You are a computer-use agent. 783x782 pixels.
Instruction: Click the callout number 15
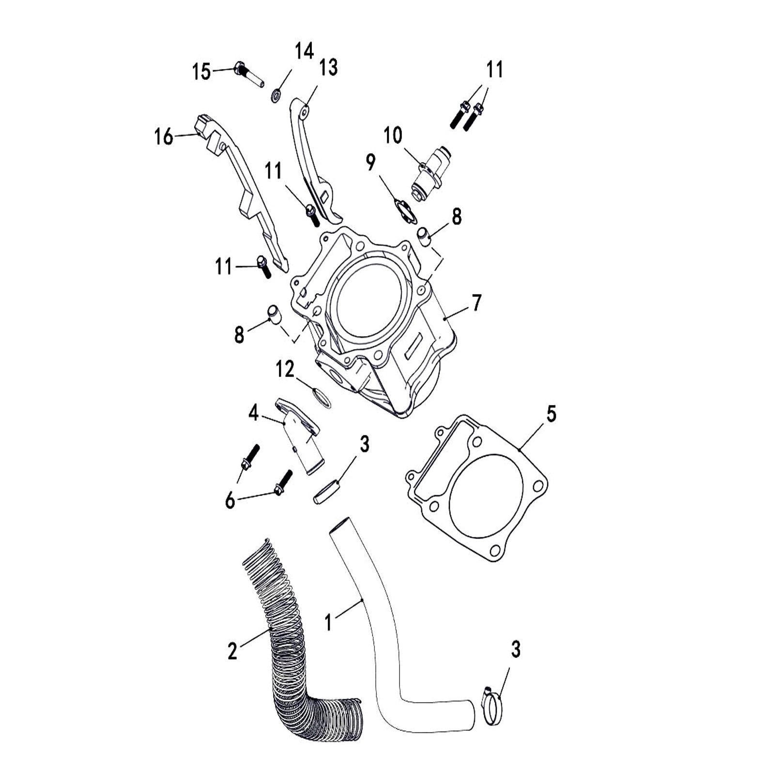[x=201, y=72]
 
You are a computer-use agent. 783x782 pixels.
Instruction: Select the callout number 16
[x=164, y=137]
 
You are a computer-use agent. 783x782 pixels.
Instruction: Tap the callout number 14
[x=305, y=51]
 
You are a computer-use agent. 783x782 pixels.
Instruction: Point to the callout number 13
[x=328, y=68]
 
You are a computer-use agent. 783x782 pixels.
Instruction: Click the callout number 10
[x=393, y=135]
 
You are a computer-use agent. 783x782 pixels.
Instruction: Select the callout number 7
[x=476, y=303]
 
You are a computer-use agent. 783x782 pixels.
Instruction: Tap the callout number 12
[x=285, y=370]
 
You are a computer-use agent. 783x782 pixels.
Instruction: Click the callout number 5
[x=551, y=414]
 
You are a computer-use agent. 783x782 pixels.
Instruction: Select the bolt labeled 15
[x=248, y=74]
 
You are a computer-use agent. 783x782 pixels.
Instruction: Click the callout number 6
[x=230, y=500]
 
